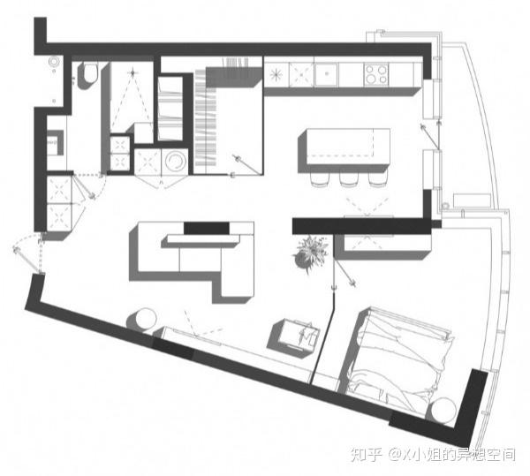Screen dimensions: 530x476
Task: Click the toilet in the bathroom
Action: (x=89, y=73)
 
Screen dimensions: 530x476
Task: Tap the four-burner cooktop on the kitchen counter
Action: (x=376, y=74)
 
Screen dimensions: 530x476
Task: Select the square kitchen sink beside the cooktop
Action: (x=326, y=73)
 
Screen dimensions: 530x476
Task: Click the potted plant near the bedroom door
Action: (x=310, y=253)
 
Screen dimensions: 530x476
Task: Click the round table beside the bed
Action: (x=443, y=410)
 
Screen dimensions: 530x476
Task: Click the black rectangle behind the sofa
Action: (x=206, y=228)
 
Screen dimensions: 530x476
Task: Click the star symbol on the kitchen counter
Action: (x=276, y=75)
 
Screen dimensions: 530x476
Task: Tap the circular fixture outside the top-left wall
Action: (x=54, y=62)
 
